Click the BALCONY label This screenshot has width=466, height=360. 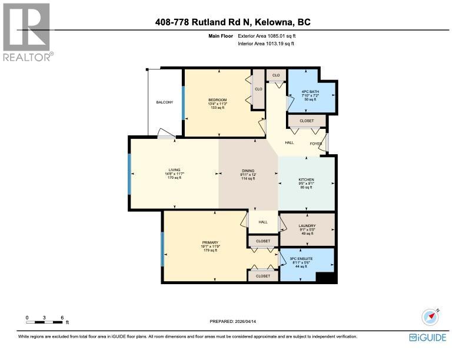click(x=165, y=102)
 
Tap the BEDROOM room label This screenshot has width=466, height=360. click(x=218, y=99)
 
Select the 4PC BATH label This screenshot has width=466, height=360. click(x=310, y=91)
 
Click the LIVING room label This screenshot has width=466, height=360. click(x=174, y=169)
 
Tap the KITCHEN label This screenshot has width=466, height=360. click(x=306, y=179)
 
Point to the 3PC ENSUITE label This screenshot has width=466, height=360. click(x=301, y=258)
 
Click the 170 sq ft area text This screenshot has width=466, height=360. click(x=175, y=178)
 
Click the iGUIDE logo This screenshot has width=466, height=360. click(x=427, y=337)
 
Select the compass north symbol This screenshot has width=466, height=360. click(x=431, y=316)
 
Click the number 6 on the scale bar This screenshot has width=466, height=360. click(x=62, y=318)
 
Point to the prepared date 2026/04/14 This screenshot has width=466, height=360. click(x=247, y=321)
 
